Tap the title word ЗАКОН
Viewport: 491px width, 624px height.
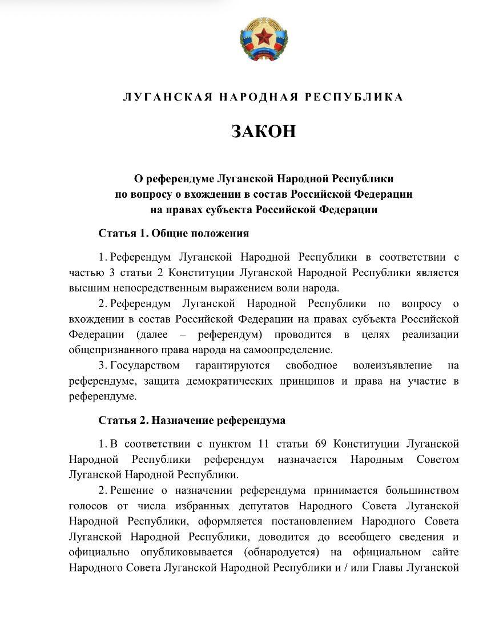[264, 131]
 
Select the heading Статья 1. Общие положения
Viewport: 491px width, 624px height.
[174, 233]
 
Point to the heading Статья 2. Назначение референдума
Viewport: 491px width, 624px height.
[192, 420]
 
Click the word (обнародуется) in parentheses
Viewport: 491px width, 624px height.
[277, 552]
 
